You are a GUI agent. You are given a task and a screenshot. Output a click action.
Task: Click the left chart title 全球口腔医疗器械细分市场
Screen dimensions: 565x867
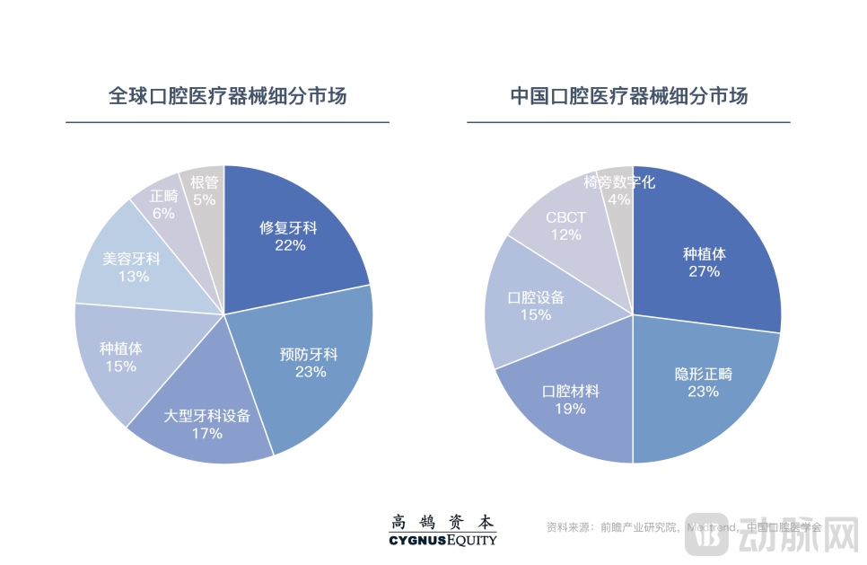click(x=227, y=96)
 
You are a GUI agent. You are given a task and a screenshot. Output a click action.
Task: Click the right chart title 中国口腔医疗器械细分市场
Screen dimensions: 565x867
click(x=628, y=96)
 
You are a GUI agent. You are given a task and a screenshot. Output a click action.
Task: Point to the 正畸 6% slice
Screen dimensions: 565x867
click(x=163, y=204)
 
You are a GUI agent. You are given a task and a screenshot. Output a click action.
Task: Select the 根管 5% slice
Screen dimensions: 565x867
click(x=205, y=190)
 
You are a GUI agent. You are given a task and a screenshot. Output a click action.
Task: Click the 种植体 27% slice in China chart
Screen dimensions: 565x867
click(x=705, y=261)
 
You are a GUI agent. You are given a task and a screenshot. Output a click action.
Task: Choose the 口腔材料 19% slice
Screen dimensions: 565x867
click(x=570, y=400)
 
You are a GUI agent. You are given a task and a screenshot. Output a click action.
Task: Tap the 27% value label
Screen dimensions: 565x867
click(x=705, y=271)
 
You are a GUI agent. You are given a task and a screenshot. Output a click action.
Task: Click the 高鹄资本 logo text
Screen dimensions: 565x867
click(x=442, y=522)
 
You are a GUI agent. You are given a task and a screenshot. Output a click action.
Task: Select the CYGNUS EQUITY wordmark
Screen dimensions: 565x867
click(x=442, y=540)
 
